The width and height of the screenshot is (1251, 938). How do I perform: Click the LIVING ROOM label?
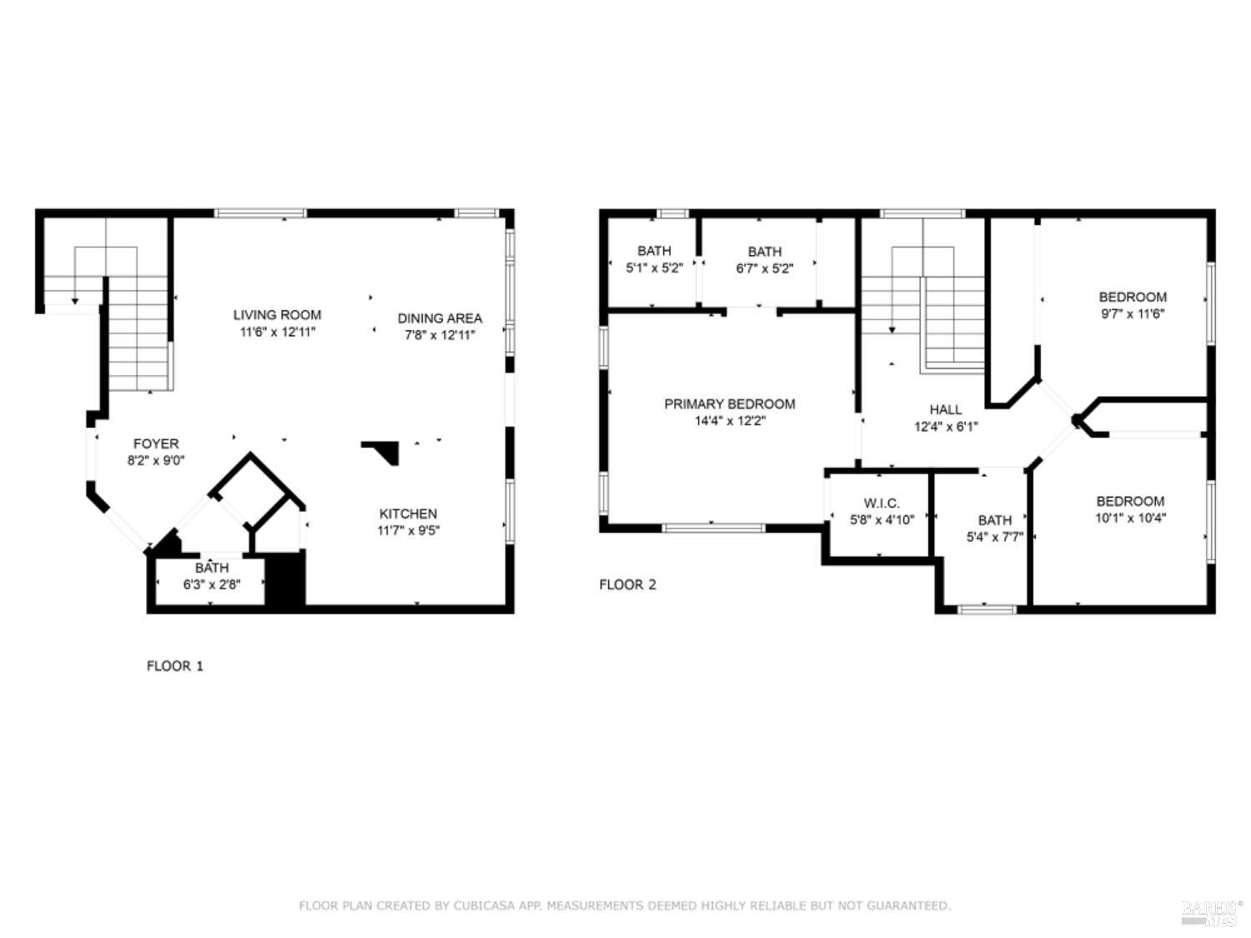tap(277, 315)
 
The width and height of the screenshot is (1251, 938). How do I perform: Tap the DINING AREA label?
tap(440, 319)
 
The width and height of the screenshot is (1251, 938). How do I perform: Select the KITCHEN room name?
tap(408, 514)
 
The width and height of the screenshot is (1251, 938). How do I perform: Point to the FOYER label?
tap(156, 444)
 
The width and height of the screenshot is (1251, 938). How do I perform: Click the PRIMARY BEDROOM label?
tap(730, 404)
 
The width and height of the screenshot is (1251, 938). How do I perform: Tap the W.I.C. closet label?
tap(882, 504)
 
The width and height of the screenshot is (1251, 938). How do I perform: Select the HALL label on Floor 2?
tap(946, 409)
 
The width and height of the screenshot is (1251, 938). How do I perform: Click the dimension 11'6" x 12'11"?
tap(278, 332)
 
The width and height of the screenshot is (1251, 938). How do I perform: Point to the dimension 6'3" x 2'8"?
tap(212, 584)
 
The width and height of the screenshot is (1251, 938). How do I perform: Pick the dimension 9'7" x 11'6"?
tap(1133, 314)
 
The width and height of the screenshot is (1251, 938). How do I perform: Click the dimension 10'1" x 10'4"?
tap(1130, 519)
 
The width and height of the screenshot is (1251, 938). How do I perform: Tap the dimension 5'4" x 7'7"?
tap(994, 537)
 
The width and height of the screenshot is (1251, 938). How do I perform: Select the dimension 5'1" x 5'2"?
tap(655, 268)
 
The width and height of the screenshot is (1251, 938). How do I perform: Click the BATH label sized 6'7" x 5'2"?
tap(764, 252)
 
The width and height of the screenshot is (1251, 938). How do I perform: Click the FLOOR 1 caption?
tap(175, 665)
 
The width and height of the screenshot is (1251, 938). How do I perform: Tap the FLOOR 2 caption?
tap(627, 584)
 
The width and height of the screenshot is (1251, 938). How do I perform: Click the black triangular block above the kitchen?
tap(384, 450)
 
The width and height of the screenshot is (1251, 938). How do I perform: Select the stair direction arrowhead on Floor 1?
tap(75, 301)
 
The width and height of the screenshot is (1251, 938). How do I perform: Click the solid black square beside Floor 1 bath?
tap(285, 580)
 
